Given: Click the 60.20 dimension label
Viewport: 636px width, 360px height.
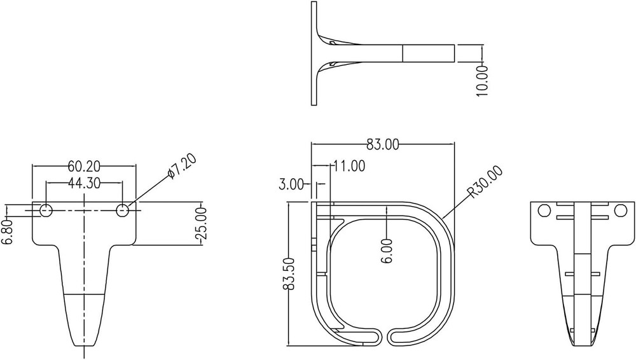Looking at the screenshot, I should click(84, 166).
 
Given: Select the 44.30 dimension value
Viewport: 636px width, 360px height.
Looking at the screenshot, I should click(84, 183).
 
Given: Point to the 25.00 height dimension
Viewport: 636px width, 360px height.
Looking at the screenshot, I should click(202, 223).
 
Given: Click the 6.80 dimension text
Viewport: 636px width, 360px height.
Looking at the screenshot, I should click(8, 232).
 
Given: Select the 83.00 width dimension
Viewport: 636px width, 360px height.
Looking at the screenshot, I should click(383, 145).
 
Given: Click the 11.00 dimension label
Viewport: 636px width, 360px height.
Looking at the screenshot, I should click(349, 167).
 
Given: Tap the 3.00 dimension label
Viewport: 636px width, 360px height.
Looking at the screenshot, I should click(291, 184).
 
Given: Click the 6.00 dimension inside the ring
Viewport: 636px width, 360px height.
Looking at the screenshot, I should click(387, 250).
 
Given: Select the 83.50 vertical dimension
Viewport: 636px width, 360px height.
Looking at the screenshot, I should click(290, 274).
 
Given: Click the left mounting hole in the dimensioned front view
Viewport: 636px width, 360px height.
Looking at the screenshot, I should click(46, 210).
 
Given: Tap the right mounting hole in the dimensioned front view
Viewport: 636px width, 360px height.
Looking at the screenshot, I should click(123, 210).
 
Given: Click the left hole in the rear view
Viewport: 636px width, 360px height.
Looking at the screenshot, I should click(544, 210).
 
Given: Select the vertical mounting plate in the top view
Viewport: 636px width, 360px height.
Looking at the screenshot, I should click(314, 53).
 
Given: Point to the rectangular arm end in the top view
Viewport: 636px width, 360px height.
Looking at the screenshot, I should click(429, 53).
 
